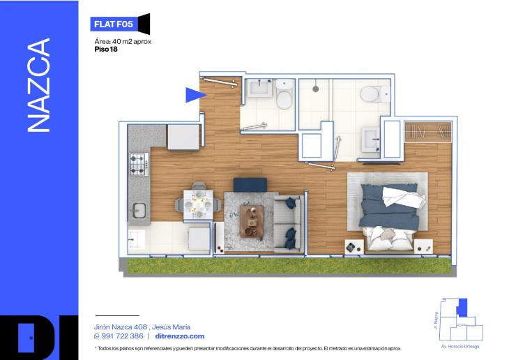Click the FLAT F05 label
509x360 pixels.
[114, 24]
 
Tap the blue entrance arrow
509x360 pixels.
[195, 95]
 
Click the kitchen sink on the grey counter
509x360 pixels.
[139, 210]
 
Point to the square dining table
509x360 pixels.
[198, 204]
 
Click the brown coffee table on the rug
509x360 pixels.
[252, 221]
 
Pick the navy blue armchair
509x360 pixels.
[250, 185]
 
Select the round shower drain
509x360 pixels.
[315, 89]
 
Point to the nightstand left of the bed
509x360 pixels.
[354, 246]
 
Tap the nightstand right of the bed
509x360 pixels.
[423, 246]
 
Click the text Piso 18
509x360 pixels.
[106, 50]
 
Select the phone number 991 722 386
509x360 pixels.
[123, 336]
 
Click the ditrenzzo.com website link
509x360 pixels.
[180, 336]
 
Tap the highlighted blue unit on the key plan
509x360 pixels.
[462, 308]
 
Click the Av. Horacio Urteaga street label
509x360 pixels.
[460, 346]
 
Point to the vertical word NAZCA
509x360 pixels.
[39, 85]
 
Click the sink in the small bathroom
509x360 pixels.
[259, 88]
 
